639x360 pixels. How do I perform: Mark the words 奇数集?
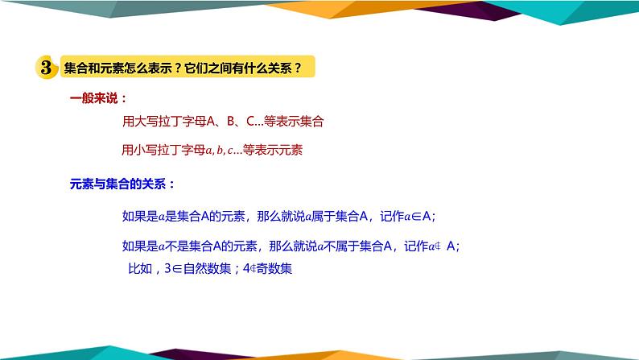tap(274, 268)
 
